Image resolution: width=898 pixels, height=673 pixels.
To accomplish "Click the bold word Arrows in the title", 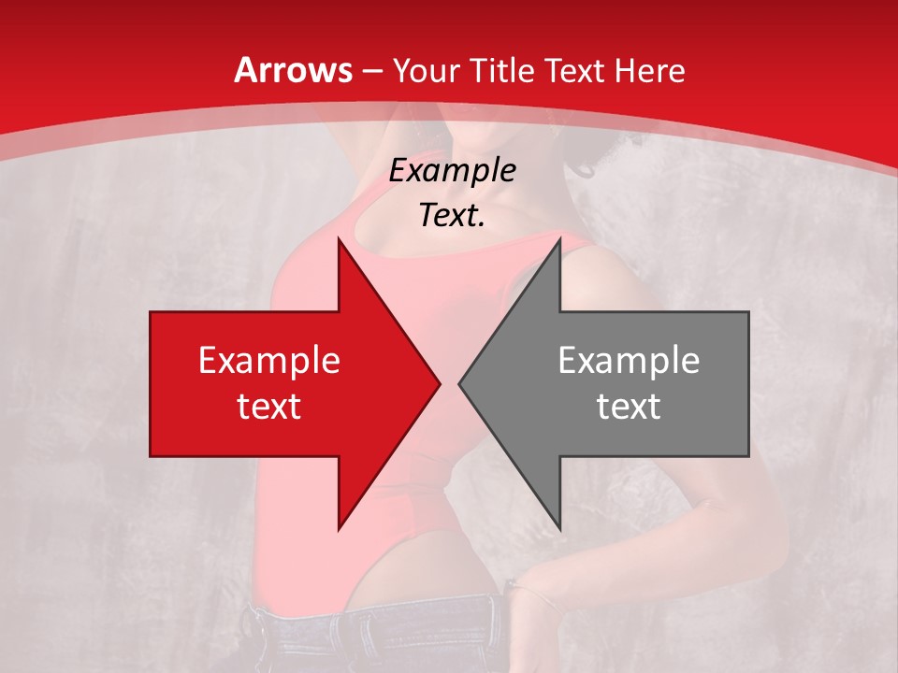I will point(293,70).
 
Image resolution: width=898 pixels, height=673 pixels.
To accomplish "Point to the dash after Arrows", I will point(371,72).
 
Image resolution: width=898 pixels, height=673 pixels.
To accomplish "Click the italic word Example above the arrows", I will point(452,171).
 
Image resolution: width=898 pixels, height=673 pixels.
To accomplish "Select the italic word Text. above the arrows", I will point(452,216).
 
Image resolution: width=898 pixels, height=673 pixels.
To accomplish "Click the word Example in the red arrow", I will point(269,361).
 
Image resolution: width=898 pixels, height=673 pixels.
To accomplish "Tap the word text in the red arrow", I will point(269,406).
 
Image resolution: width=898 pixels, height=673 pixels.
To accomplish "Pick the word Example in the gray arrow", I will point(629,361).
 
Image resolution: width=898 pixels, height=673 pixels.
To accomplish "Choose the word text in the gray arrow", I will point(629,406).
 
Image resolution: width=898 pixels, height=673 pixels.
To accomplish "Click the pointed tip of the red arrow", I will point(439,384).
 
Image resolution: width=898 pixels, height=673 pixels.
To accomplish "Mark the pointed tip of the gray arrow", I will point(459,384).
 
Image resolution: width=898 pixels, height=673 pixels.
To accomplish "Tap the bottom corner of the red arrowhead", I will point(339,529).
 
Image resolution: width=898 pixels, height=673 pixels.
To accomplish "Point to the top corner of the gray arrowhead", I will point(559,239).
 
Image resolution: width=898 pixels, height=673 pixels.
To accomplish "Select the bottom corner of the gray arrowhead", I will point(559,529).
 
